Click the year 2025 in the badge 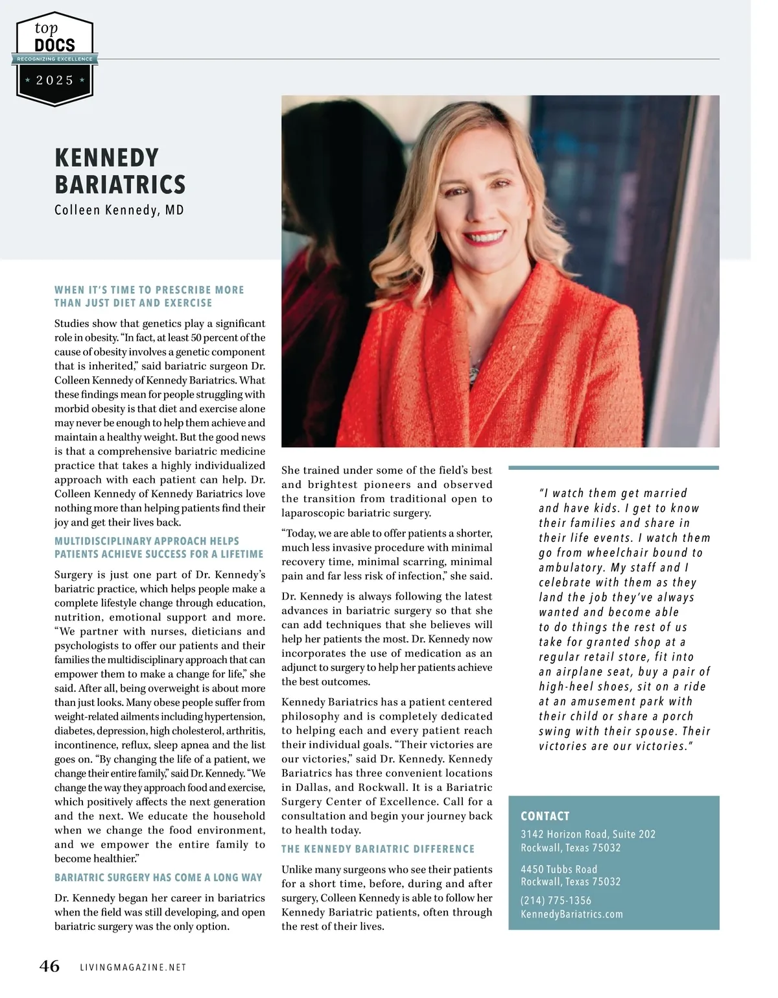55,80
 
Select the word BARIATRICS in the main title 120,185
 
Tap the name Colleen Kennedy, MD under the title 119,210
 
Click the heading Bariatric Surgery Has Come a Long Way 158,877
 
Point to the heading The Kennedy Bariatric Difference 378,849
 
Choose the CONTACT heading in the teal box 545,816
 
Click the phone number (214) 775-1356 556,901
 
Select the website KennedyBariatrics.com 572,914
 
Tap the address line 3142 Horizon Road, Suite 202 588,834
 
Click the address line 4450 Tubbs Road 559,870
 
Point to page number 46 49,966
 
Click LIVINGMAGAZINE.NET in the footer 133,968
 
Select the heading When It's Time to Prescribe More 149,290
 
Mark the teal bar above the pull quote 613,467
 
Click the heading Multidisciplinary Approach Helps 147,541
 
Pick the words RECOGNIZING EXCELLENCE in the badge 55,59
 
